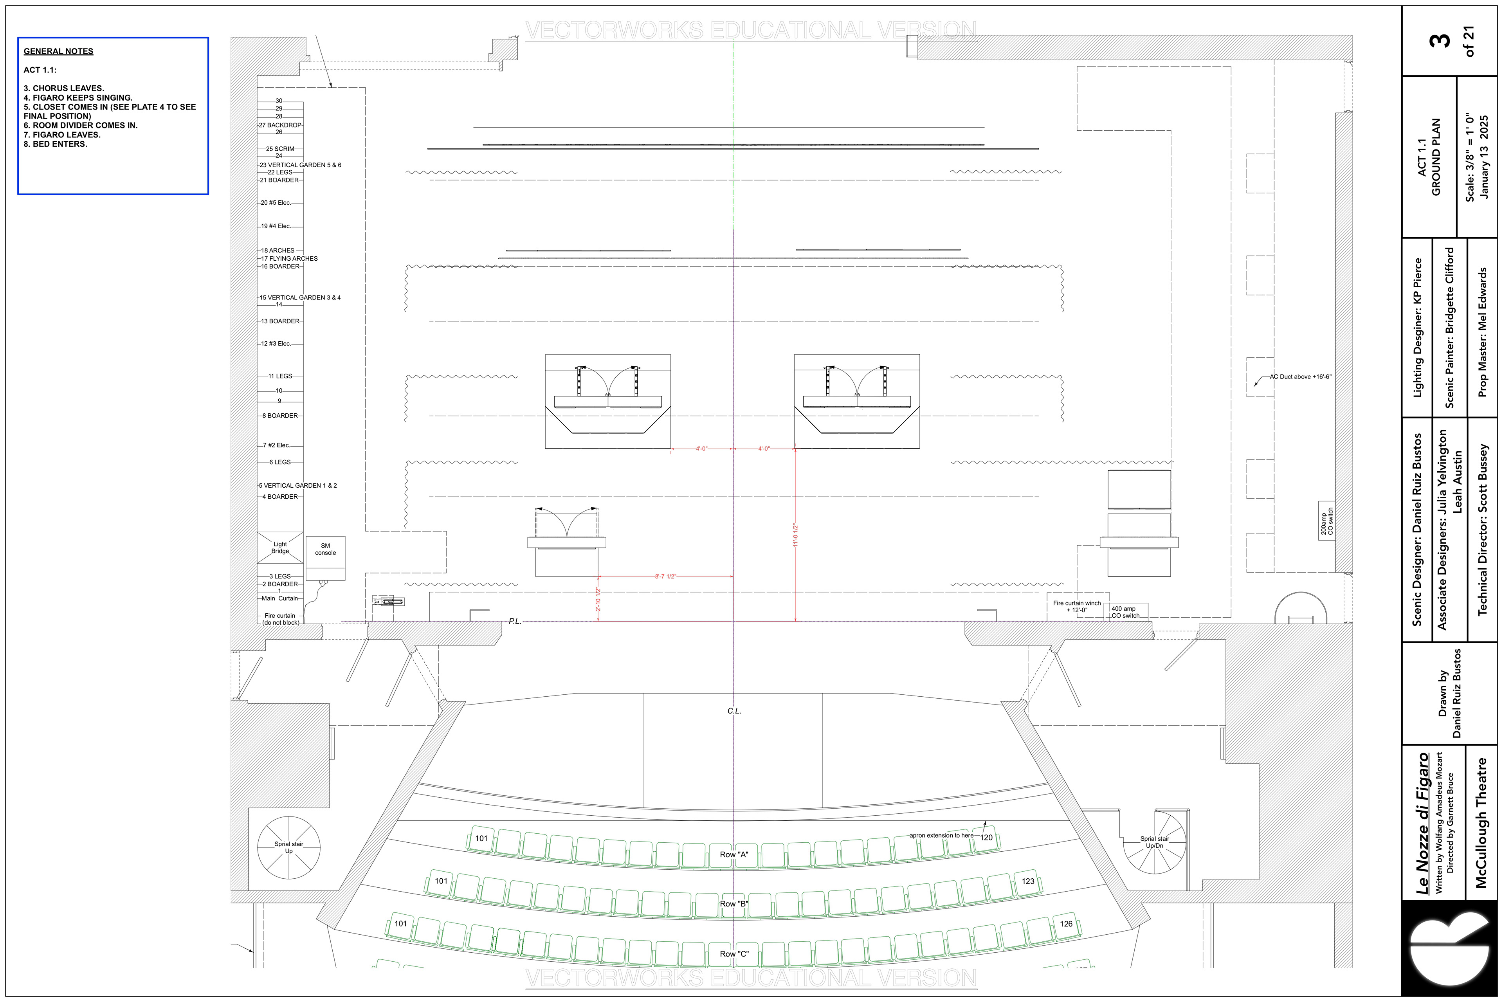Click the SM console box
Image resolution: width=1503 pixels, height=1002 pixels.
(x=325, y=557)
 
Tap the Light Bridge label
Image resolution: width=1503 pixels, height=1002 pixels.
(x=280, y=548)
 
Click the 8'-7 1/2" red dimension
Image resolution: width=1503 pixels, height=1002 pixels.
(x=665, y=577)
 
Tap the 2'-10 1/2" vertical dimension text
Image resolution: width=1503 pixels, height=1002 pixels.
(x=598, y=599)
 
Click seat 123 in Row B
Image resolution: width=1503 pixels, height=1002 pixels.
(x=1027, y=881)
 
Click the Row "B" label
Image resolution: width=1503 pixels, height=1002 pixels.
(x=733, y=904)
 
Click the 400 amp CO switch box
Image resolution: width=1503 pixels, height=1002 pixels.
(x=1125, y=611)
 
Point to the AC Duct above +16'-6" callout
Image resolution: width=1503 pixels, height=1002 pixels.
(x=1300, y=377)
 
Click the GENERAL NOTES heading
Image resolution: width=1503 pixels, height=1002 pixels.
(x=58, y=51)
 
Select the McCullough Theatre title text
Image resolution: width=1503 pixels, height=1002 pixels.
(x=1481, y=822)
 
